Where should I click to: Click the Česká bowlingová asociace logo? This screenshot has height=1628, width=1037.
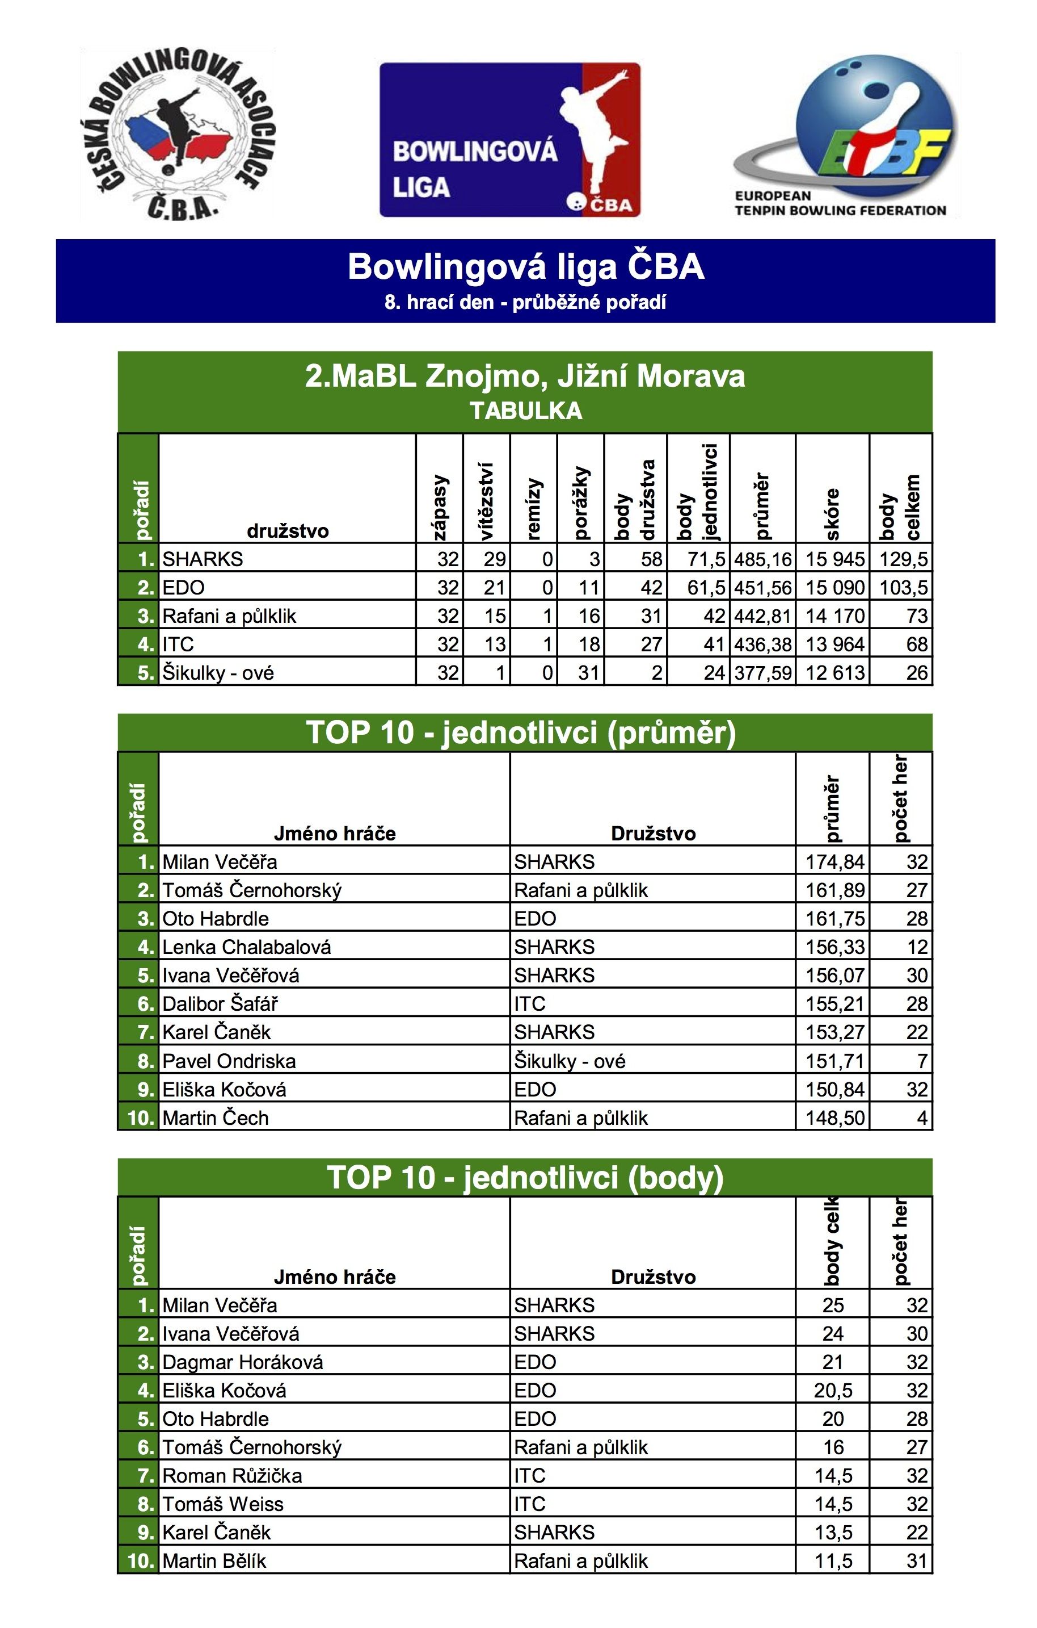point(177,134)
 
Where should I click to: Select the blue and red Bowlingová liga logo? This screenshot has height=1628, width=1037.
point(509,140)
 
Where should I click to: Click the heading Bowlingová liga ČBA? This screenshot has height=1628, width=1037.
point(526,266)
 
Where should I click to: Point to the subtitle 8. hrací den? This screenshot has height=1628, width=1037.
point(526,302)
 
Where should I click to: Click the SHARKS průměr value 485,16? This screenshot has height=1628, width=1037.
point(763,559)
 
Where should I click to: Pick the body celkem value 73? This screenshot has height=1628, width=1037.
point(916,616)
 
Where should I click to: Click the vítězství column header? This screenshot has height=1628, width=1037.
point(486,501)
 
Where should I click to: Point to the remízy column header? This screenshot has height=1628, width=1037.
point(533,508)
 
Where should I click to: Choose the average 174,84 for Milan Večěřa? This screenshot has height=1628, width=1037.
point(834,861)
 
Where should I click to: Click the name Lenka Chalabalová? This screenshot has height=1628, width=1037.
point(247,947)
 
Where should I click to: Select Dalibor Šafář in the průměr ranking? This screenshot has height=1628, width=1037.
point(220,1003)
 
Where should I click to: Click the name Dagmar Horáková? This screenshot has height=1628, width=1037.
point(243,1362)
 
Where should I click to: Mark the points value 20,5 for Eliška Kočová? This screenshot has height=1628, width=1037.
point(833,1390)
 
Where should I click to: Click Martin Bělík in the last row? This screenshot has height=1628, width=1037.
point(214,1560)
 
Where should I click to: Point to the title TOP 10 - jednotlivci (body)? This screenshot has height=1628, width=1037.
point(526,1177)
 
